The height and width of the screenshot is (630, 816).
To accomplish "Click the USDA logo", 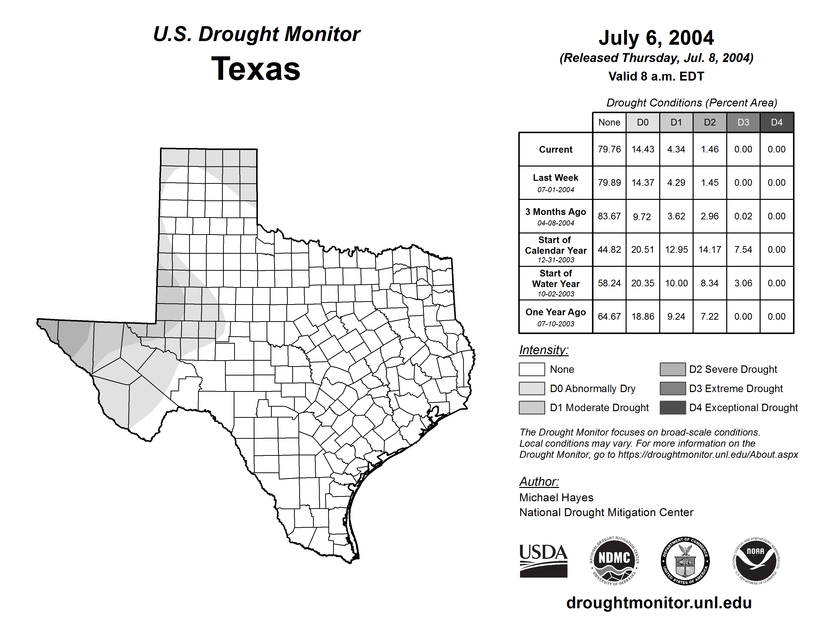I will [543, 561].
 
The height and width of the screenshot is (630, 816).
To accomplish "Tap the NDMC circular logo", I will [614, 561].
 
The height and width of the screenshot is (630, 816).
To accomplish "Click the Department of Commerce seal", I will [685, 561].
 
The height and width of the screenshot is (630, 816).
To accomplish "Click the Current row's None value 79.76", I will [609, 149].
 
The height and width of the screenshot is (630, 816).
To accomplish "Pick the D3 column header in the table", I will [743, 122].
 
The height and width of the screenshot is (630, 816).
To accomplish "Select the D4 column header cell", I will [776, 122].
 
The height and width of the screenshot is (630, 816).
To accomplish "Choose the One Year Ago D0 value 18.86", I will [643, 316].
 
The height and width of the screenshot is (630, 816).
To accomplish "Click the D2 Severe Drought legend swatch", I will [673, 369].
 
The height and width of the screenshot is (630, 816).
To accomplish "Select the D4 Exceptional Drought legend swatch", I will [673, 408].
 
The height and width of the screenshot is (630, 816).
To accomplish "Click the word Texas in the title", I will [256, 69].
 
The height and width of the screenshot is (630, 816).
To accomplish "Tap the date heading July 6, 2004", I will [656, 38].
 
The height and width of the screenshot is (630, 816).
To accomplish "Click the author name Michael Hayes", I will [556, 498].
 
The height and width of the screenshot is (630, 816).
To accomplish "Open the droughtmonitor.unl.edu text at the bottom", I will [659, 603].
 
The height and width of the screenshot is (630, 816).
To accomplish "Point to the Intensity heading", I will [544, 350].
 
